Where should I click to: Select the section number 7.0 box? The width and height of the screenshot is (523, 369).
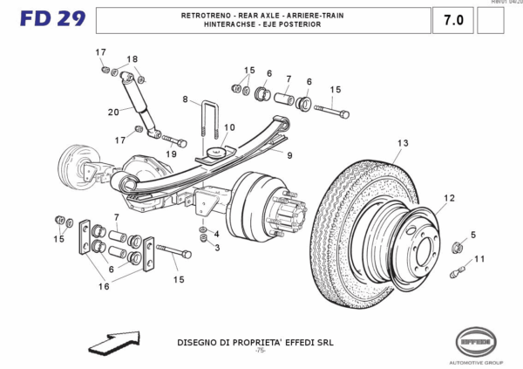point(453,19)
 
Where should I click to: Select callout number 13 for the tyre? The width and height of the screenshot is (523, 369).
point(402,143)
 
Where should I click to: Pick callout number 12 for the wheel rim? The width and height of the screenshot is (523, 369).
point(449,198)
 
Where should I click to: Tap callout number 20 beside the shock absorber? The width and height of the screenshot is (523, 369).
point(113,112)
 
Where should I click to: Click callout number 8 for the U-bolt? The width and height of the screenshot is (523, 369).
point(185,100)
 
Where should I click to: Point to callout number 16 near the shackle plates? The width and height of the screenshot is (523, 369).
point(104,286)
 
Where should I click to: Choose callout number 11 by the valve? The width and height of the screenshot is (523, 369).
point(479,259)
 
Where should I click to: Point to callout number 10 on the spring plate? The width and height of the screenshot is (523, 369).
point(229,127)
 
